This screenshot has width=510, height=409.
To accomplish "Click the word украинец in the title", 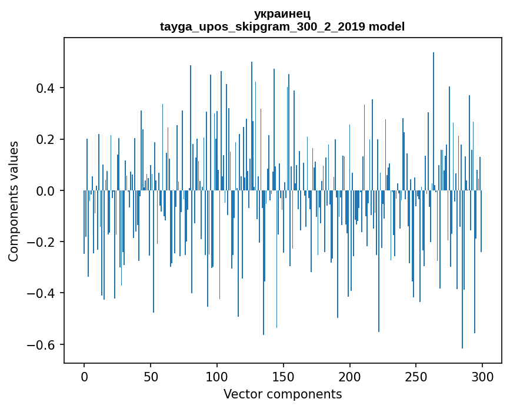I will (x=282, y=14).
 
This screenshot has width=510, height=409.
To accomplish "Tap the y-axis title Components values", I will (x=14, y=201).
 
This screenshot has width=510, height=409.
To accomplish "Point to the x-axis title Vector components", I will (x=282, y=394).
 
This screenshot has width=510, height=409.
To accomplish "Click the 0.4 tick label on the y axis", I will (x=46, y=88).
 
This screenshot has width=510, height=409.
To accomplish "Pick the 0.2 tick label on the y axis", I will (x=46, y=140).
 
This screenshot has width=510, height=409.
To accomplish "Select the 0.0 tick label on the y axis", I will (x=46, y=191).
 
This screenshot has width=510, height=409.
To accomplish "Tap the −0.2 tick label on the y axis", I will (x=43, y=242).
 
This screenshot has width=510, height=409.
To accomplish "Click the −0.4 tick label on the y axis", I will (x=43, y=293).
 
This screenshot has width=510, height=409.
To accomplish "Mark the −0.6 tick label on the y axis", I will (x=43, y=344).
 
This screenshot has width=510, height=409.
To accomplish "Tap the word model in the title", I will (x=387, y=26).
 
